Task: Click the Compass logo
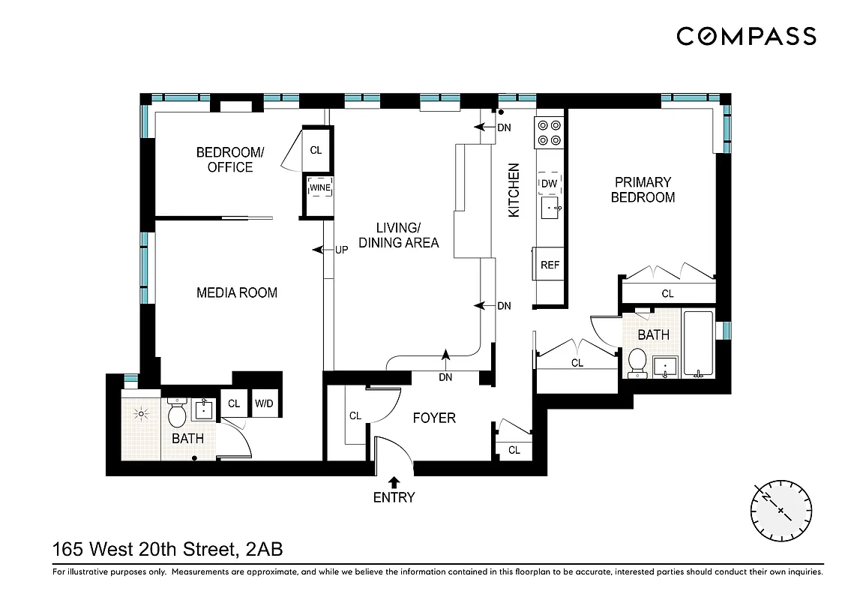746,36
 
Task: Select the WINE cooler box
320,187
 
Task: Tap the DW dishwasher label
549,183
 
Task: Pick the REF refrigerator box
550,265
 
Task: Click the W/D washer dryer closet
264,403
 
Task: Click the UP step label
341,250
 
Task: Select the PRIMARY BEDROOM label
643,190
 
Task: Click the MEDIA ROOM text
237,292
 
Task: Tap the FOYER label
434,418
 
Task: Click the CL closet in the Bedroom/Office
316,150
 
